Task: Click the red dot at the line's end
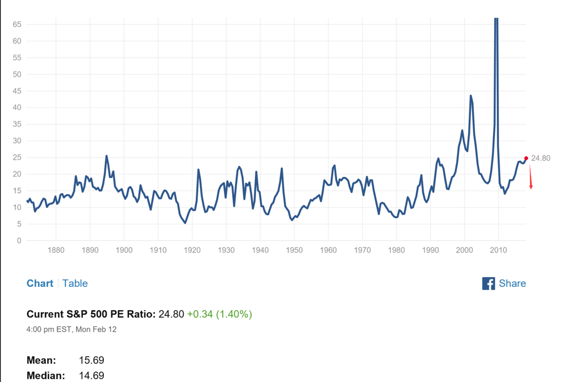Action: (526, 159)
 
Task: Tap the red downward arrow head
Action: (531, 187)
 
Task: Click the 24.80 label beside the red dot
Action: (541, 159)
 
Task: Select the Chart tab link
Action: (40, 284)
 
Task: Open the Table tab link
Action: (75, 284)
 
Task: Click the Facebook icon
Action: (489, 284)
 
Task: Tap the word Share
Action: (512, 284)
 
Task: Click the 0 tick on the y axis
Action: (19, 240)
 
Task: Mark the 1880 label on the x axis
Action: (56, 250)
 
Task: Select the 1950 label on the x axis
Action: (295, 250)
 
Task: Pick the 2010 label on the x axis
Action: (499, 250)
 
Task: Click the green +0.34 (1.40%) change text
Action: (219, 315)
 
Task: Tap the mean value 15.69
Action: (92, 360)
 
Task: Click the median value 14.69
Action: (92, 376)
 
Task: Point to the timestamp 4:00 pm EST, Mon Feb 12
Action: (71, 329)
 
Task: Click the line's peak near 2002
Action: (471, 96)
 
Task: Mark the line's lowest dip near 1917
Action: (185, 223)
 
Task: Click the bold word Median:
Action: (46, 376)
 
